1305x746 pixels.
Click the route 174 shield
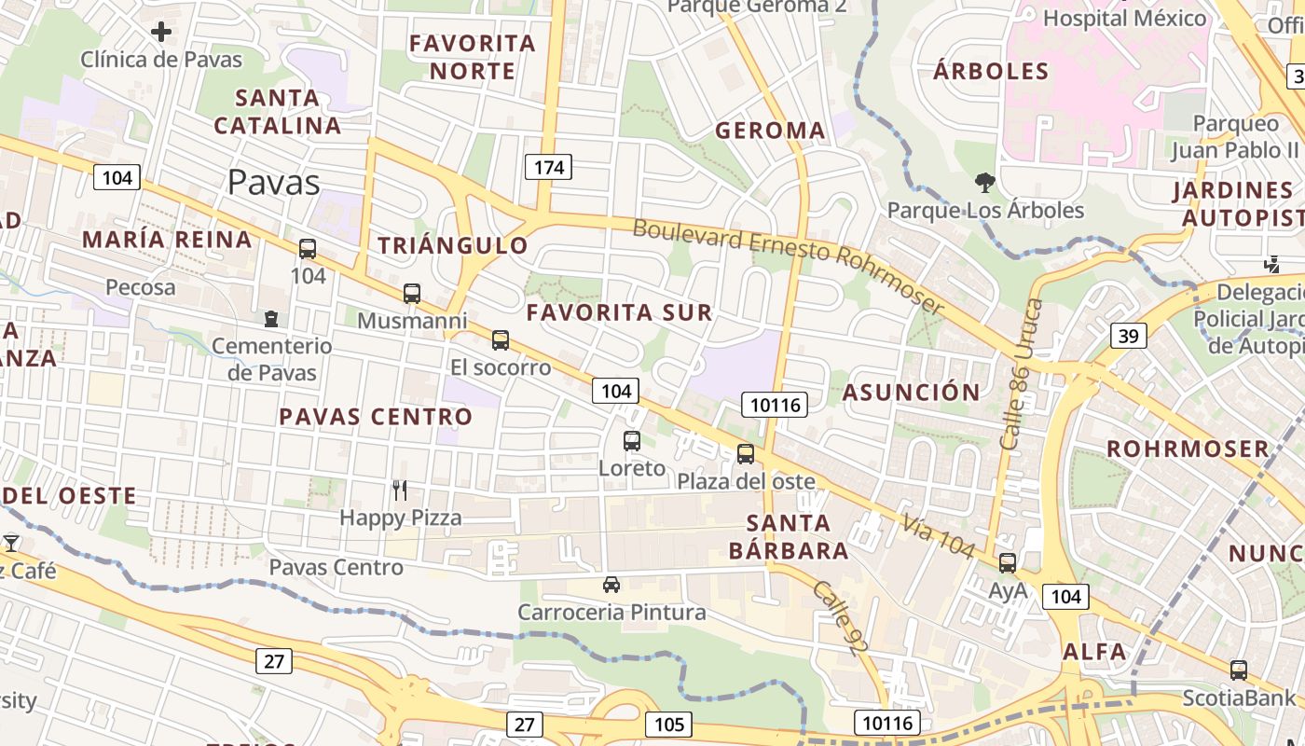click(x=549, y=167)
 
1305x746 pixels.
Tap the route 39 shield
click(x=1128, y=336)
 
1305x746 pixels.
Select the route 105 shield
click(x=668, y=725)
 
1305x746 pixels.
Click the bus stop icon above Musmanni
click(x=412, y=294)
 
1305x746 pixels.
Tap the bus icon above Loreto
click(x=632, y=441)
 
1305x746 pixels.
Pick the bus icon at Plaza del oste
click(x=746, y=454)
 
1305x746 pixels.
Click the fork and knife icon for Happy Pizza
click(x=400, y=490)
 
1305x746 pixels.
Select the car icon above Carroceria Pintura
click(x=611, y=585)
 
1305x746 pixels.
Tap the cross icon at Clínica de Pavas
click(x=161, y=33)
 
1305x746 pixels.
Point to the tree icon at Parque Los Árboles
click(x=984, y=182)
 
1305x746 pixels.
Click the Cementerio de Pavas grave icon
click(x=271, y=319)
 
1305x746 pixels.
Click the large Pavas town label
click(x=274, y=182)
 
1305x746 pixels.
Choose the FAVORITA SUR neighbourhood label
click(x=619, y=312)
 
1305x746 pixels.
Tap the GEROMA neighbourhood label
click(x=770, y=131)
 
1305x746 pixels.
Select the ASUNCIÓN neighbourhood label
click(x=911, y=392)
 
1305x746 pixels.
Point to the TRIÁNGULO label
click(x=453, y=245)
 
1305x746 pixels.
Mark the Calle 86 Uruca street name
click(x=1022, y=373)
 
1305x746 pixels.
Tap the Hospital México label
click(x=1124, y=18)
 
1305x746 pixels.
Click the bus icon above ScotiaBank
click(x=1239, y=670)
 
